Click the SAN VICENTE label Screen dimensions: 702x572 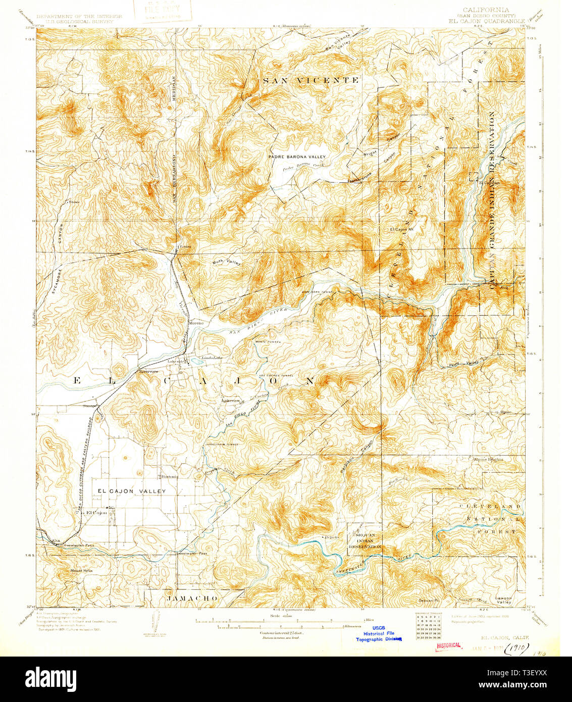coord(310,80)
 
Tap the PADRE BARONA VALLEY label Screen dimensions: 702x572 coord(297,157)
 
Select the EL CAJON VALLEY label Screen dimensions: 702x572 coord(131,491)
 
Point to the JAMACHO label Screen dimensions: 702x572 coord(192,598)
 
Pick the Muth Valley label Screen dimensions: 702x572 coord(226,262)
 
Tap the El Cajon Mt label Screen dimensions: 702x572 coord(402,230)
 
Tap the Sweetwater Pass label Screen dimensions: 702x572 coord(191,554)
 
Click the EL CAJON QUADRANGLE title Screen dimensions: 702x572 coord(485,21)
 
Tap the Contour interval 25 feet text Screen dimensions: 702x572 coord(285,632)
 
